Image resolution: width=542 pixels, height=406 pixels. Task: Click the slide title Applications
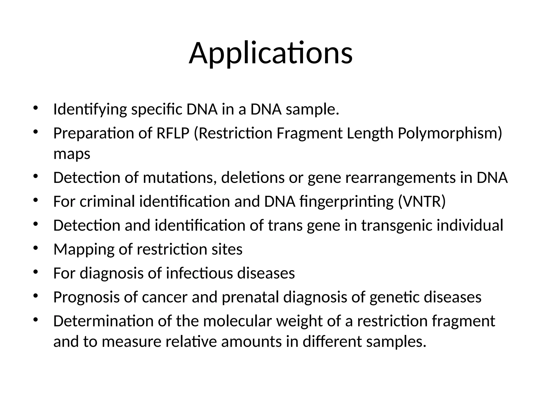tap(270, 54)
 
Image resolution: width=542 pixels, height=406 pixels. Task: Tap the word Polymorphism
tap(450, 133)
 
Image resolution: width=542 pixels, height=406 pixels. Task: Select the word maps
tap(72, 154)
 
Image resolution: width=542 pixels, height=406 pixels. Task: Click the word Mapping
tap(84, 250)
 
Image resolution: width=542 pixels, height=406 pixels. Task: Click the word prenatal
tap(250, 297)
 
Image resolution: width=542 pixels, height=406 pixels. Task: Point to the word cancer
tap(165, 297)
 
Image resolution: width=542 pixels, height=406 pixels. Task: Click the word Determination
tap(103, 321)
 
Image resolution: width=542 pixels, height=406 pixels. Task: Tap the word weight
tap(299, 321)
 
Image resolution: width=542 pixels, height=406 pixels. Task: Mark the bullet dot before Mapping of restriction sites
tap(36, 248)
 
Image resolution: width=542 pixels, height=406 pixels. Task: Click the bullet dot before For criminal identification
tap(36, 200)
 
